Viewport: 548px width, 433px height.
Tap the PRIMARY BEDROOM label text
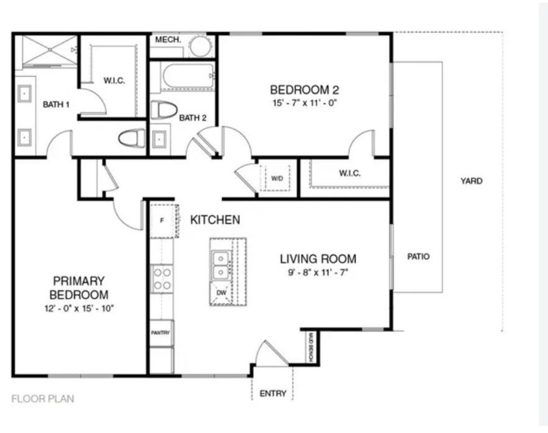coord(79,288)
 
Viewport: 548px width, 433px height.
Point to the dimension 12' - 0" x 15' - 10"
coord(79,308)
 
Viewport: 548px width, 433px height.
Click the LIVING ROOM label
coord(318,259)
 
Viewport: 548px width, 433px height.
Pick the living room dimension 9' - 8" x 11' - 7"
coord(318,273)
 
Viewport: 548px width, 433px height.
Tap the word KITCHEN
coord(215,220)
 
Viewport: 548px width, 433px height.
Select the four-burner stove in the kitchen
coord(162,279)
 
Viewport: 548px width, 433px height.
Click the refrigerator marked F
coord(162,220)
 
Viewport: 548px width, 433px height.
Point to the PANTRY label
coord(161,333)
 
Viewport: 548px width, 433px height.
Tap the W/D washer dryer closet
coord(277,178)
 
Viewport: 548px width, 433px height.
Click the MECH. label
coord(167,40)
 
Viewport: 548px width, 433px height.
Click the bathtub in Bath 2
coord(188,77)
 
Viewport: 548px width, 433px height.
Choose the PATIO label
coord(418,257)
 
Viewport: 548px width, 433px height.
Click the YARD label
coord(471,181)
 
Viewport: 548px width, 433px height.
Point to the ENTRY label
coord(273,394)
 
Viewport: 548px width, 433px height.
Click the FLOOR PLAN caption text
coord(42,399)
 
